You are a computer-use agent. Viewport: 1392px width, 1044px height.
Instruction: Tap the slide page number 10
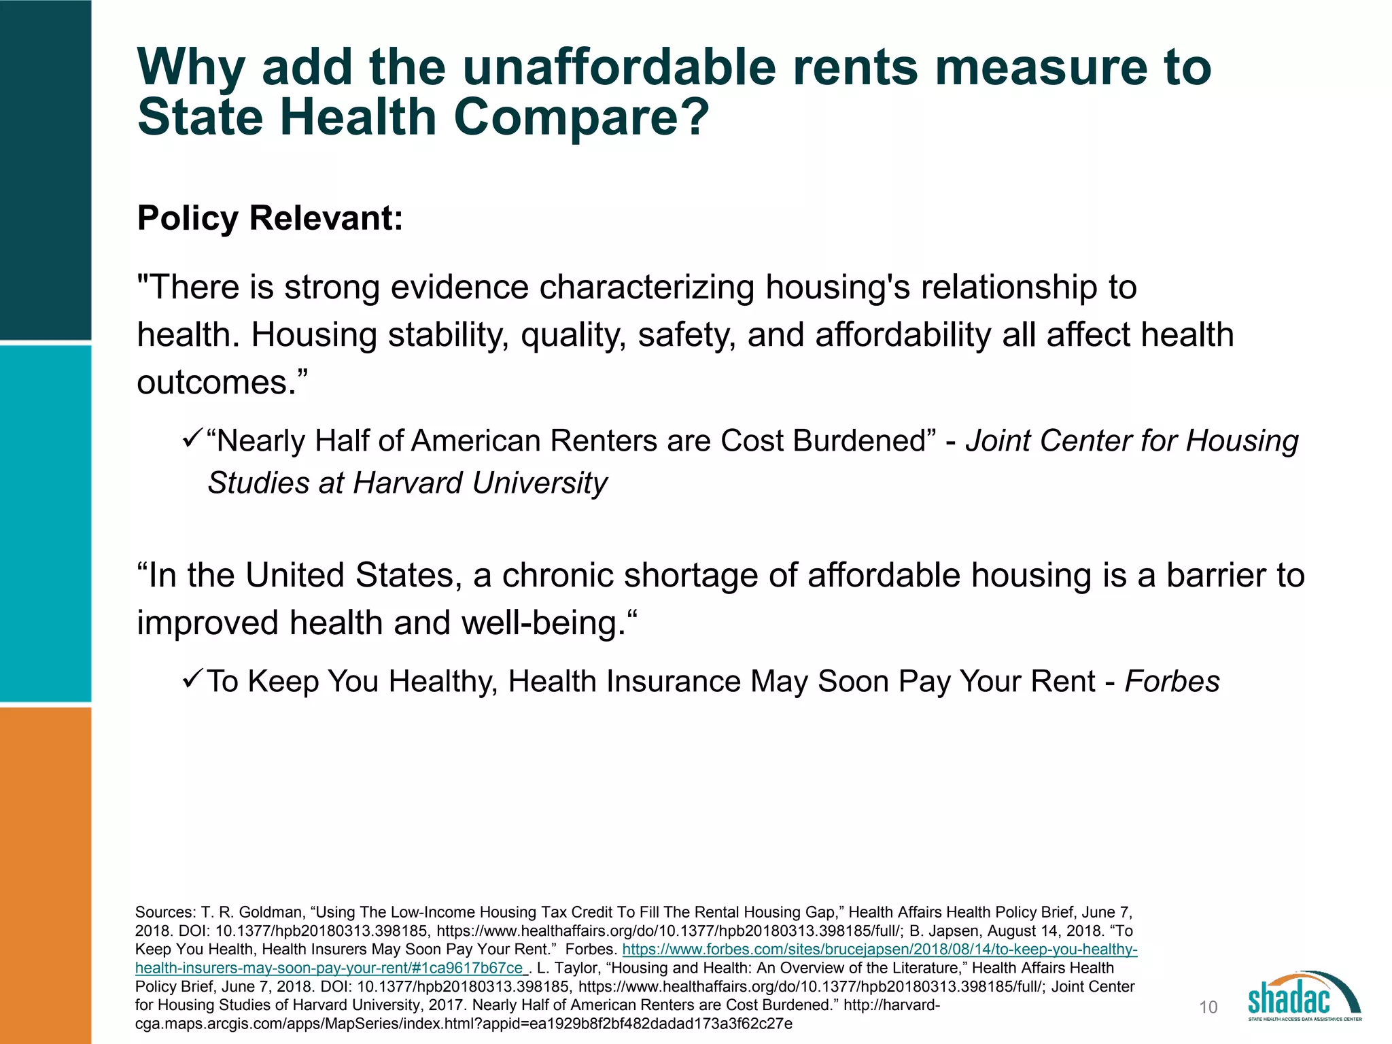1208,1007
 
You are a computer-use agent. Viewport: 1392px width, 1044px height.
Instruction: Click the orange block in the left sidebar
46,875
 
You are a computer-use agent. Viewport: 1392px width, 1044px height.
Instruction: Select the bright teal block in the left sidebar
46,523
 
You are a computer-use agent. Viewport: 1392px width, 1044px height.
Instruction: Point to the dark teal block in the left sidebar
46,170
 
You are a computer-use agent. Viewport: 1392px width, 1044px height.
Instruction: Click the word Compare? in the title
581,118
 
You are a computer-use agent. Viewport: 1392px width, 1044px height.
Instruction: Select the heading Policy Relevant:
270,218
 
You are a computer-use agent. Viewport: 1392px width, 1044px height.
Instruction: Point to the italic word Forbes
1172,681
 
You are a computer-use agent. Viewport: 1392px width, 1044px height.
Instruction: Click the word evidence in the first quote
459,288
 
